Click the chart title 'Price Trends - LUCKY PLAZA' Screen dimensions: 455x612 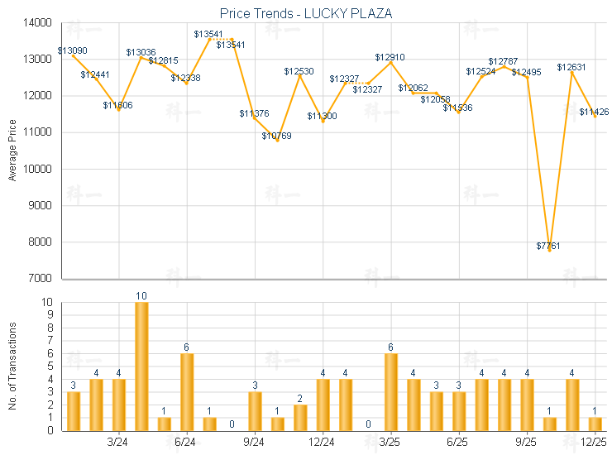click(x=306, y=14)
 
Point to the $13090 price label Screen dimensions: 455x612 click(x=73, y=50)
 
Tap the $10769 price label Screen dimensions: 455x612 click(x=277, y=136)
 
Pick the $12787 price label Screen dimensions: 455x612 click(x=503, y=61)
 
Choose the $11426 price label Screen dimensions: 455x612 click(x=594, y=112)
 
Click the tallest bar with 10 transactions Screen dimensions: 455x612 click(x=141, y=366)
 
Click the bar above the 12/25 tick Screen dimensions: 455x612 click(x=595, y=424)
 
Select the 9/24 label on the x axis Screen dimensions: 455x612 click(x=255, y=443)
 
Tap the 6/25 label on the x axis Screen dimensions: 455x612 click(x=458, y=443)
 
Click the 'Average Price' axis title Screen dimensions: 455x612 click(x=12, y=151)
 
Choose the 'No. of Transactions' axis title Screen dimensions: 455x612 click(x=12, y=366)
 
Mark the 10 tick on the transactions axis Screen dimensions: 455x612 click(x=50, y=303)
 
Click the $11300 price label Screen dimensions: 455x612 click(x=322, y=116)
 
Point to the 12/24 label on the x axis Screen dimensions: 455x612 click(x=323, y=443)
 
